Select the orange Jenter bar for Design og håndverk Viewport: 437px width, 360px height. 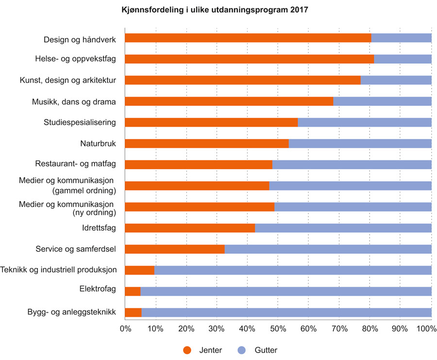coord(248,38)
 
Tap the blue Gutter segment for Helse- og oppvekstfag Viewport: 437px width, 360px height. coord(403,59)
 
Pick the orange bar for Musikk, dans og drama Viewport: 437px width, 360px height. coord(229,101)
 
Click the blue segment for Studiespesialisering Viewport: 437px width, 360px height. coord(364,122)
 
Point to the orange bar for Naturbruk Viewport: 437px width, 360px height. coord(206,143)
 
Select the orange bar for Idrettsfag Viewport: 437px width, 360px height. coord(189,228)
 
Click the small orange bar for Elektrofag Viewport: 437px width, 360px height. coord(133,291)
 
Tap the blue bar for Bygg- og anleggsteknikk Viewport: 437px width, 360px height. coord(286,312)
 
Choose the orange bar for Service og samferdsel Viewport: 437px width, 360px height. coord(174,249)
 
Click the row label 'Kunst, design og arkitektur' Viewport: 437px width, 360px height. coord(67,80)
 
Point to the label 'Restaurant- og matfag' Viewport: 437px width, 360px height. coord(75,164)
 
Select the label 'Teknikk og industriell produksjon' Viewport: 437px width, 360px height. coord(58,270)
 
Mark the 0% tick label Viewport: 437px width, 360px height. coord(125,329)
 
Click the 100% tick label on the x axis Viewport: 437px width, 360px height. coord(427,329)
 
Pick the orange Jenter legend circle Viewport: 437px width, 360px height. coord(187,350)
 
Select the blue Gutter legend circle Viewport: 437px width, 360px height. coord(242,350)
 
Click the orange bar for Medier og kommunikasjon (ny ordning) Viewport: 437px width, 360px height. coord(199,206)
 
